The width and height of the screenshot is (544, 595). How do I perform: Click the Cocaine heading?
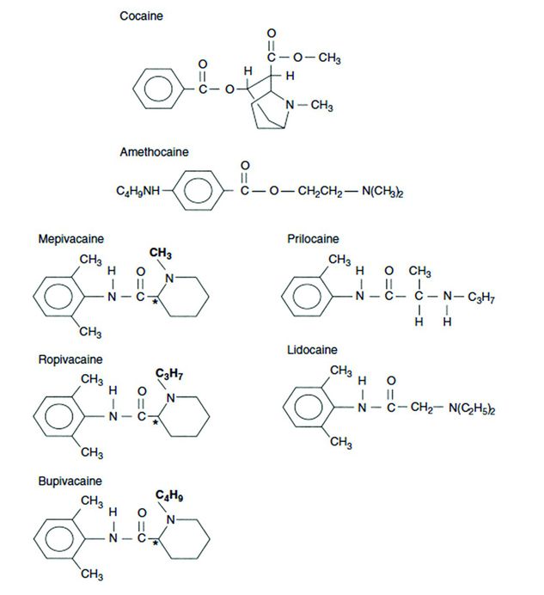point(142,16)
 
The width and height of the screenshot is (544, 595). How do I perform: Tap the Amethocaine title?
point(155,152)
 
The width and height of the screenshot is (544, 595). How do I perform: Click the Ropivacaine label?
point(67,359)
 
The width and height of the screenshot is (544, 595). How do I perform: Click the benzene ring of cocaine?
point(159,89)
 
